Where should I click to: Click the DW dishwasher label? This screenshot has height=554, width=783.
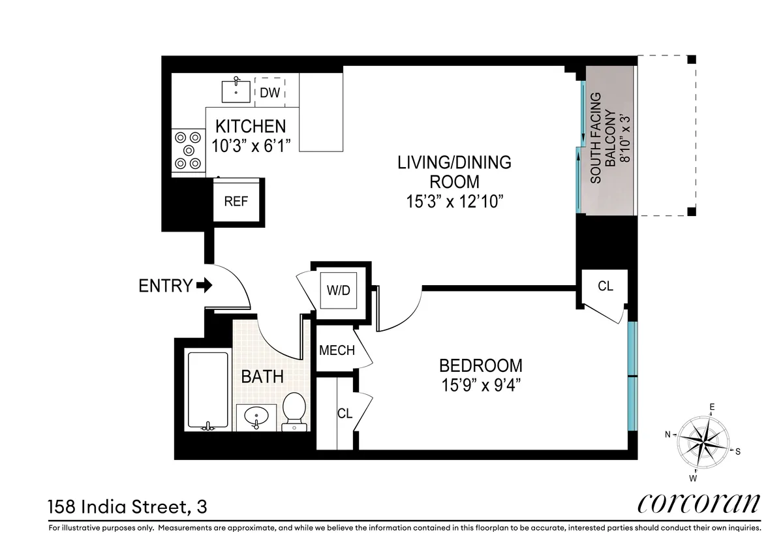(269, 93)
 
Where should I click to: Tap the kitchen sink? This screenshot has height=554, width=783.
(236, 91)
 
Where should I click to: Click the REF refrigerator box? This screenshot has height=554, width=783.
(236, 201)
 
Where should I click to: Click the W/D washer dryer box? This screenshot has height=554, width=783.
(339, 290)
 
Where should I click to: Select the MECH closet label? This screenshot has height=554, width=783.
(337, 350)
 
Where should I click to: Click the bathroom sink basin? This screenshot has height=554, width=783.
(256, 414)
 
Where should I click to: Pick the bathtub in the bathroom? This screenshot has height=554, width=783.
(207, 390)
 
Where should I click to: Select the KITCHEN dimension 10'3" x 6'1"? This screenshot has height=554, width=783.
(251, 144)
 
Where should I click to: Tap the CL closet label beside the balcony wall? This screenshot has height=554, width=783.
(606, 286)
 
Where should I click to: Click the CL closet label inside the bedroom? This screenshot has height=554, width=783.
(345, 414)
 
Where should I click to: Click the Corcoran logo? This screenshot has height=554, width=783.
(698, 504)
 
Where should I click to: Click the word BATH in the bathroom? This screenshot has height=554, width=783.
(262, 377)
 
